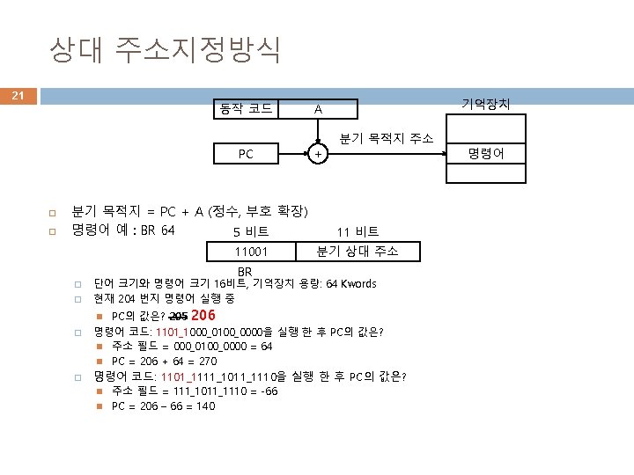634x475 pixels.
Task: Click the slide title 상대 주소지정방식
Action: pos(166,49)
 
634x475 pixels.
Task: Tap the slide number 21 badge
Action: pos(18,95)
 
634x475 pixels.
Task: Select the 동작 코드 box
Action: pos(246,109)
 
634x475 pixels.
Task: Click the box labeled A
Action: pos(318,109)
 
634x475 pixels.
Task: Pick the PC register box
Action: pos(246,154)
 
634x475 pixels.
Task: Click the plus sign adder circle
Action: pos(318,154)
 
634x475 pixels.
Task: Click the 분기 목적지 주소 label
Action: pos(387,138)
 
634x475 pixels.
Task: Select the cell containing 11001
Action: pos(249,252)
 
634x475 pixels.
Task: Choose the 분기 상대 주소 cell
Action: pos(357,252)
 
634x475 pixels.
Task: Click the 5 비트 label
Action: pos(251,232)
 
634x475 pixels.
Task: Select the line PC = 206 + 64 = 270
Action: pos(163,361)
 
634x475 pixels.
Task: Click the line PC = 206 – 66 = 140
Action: pos(163,406)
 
